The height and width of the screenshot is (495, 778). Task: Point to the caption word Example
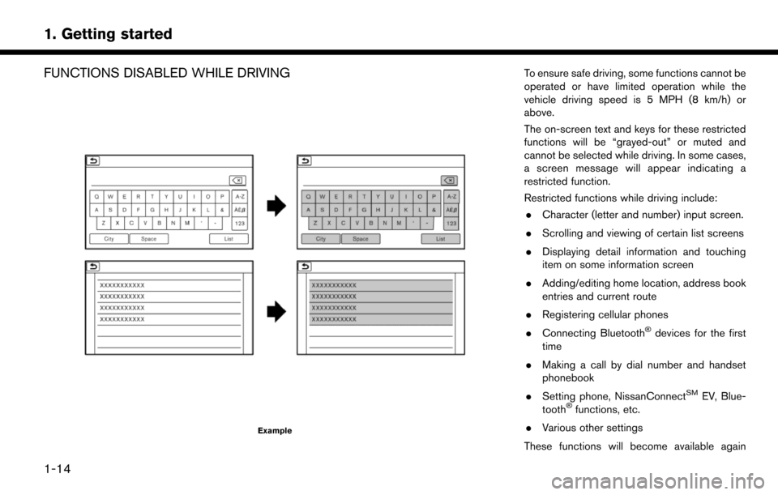(x=275, y=430)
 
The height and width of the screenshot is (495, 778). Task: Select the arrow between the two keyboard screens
(x=277, y=207)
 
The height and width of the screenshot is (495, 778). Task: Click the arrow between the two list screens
(x=277, y=309)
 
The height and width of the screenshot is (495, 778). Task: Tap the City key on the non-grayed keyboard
(x=107, y=239)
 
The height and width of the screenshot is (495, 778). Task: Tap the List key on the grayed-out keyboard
(x=440, y=239)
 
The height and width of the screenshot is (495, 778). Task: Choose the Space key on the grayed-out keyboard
(x=361, y=239)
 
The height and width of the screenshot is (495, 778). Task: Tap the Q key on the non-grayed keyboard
(x=97, y=196)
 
